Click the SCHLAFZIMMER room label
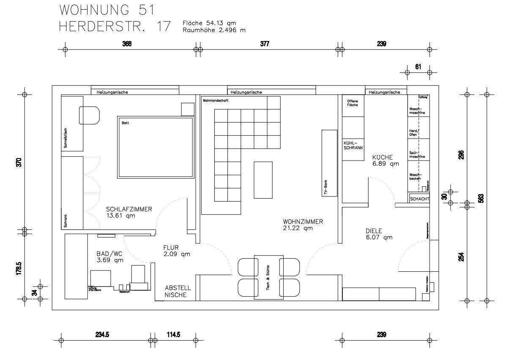129,212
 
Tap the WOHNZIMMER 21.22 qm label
303,225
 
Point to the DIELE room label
379,234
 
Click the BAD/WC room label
110,257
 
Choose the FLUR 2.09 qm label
176,251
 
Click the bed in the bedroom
155,147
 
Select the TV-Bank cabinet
329,163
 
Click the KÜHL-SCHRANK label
353,145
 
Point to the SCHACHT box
419,199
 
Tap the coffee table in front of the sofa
263,180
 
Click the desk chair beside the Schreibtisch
89,115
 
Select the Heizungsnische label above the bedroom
112,92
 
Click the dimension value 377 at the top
265,44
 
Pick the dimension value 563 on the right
482,197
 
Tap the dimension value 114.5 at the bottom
173,334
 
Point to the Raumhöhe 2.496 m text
214,30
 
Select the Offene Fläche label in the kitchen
352,103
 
